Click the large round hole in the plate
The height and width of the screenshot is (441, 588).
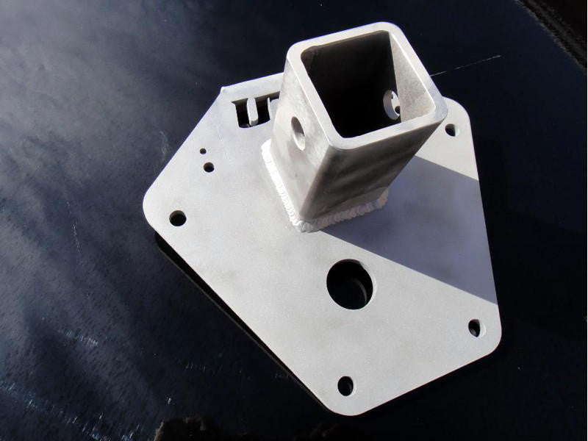350,284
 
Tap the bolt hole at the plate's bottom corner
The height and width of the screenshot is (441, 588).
345,385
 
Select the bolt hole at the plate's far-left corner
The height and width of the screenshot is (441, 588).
178,218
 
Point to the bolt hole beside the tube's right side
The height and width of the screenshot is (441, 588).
451,129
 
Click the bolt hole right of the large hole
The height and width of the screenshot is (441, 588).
476,327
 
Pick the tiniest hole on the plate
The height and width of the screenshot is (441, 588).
203,151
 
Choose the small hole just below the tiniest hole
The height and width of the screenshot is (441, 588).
209,167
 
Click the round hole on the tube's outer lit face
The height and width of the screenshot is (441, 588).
298,132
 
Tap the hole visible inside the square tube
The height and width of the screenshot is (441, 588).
391,104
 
